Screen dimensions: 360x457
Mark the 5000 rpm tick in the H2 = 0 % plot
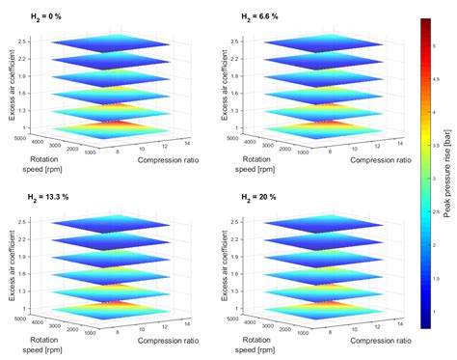click(x=21, y=137)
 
